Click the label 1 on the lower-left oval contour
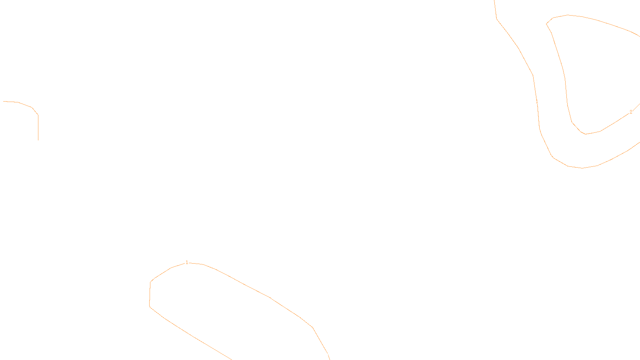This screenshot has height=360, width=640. click(187, 262)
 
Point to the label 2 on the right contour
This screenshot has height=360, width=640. click(631, 112)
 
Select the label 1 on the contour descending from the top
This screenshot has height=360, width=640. click(537, 102)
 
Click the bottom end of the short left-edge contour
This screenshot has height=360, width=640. click(38, 140)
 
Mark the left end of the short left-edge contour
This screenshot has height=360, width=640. click(4, 102)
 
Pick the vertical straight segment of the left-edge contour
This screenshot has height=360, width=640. click(38, 127)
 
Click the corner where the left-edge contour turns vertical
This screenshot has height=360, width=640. click(38, 115)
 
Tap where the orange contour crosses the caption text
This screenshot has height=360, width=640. click(327, 354)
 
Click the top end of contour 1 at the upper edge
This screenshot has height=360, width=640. click(495, 1)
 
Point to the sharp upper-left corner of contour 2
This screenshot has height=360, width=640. click(547, 24)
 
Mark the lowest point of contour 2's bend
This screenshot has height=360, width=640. click(586, 134)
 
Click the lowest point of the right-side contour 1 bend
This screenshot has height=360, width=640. click(582, 168)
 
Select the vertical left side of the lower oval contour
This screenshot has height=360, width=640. click(150, 294)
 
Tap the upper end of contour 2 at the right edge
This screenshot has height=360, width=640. click(639, 36)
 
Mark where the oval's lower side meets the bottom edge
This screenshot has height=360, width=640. click(231, 359)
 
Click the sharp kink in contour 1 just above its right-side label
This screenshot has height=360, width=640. click(533, 75)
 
